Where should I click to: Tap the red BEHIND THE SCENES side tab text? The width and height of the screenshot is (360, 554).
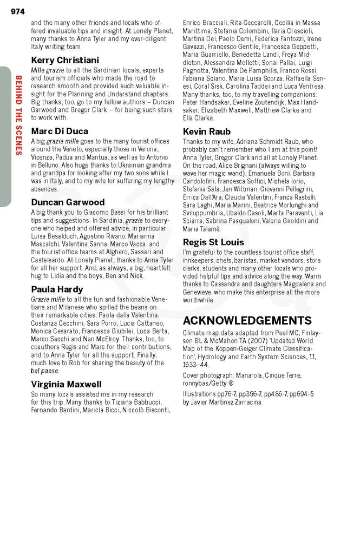(x=18, y=115)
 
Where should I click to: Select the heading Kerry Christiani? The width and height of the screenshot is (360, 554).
(x=65, y=60)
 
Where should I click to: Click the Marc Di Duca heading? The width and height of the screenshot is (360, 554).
(x=60, y=131)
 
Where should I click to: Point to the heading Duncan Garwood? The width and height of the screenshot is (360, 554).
(x=68, y=202)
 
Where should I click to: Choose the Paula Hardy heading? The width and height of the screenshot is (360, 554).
(x=57, y=289)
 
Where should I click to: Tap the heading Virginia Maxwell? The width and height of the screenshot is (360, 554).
(x=66, y=384)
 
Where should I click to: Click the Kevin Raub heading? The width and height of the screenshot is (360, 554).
(x=207, y=131)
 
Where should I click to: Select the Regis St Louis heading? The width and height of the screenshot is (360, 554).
(x=213, y=242)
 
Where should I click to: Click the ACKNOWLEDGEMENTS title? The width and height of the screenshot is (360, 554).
(x=247, y=320)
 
